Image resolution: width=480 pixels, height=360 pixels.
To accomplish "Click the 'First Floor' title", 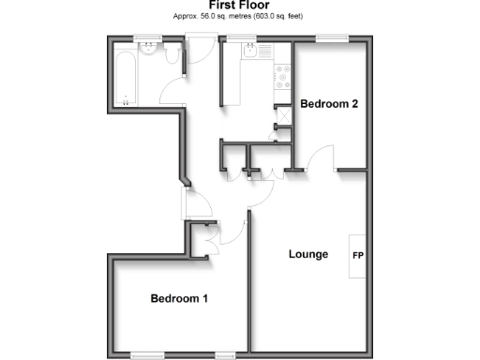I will [241, 5].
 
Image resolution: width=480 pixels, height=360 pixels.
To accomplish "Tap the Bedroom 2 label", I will [329, 104].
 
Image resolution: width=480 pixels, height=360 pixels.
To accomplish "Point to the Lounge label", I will [307, 254].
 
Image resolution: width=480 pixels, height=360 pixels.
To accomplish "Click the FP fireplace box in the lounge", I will [357, 255].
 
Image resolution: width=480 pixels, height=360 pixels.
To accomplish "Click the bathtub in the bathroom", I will [127, 77].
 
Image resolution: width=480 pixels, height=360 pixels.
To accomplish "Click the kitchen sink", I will [251, 56].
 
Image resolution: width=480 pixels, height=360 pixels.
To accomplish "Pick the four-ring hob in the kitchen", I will [280, 79].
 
